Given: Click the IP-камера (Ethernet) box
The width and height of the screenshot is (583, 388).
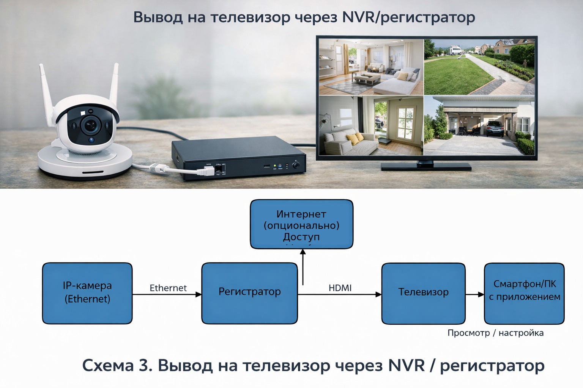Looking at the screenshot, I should point(87,293).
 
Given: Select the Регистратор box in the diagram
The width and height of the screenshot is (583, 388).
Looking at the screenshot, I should point(249,293).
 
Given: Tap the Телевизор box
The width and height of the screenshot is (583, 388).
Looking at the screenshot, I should point(423,293).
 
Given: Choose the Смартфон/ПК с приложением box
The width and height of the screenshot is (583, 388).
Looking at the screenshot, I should point(524,293).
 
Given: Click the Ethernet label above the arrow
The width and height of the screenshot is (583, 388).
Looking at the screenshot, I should point(168,288).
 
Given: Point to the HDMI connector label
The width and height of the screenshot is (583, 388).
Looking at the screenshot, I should point(340,288).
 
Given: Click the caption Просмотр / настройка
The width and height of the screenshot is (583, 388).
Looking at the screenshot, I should point(495,333).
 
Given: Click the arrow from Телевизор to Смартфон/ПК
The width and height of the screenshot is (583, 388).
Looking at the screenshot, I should point(475,294).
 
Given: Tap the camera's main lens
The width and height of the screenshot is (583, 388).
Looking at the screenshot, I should point(90,124).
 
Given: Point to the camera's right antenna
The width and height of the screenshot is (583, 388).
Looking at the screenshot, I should point(114,85).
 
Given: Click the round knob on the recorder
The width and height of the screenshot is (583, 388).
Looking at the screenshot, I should point(296,165).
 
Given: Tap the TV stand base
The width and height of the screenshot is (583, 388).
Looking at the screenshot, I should point(426,166).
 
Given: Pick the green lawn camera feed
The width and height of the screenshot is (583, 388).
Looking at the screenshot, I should point(479,67).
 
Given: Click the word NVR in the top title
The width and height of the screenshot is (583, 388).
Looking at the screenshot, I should point(357,17).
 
